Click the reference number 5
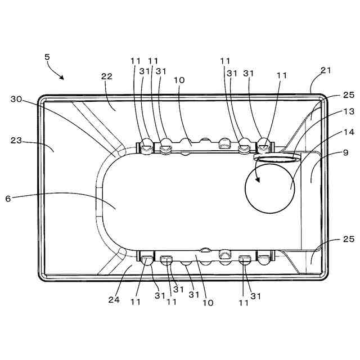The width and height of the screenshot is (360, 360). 47,57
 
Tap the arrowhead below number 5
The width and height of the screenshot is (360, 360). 61,77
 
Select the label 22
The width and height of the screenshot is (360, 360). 107,76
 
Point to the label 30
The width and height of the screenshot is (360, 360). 16,99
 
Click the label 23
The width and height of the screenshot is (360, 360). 16,140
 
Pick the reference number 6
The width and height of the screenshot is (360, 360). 8,199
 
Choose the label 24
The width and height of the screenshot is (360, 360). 114,300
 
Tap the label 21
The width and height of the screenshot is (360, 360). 326,70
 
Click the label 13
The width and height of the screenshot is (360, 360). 349,111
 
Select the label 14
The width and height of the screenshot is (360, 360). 349,132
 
